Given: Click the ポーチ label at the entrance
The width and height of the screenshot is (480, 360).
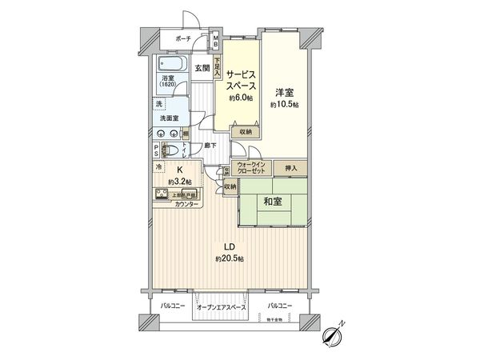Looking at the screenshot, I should point(183,38).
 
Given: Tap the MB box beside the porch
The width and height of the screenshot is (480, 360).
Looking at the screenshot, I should point(215,40).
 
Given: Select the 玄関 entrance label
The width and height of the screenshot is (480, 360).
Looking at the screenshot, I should point(202,69).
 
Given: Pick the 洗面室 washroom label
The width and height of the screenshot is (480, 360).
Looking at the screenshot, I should point(169,118).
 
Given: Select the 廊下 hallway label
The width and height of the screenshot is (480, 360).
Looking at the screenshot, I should point(210,146).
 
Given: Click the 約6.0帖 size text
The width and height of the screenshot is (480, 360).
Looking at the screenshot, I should point(240,98).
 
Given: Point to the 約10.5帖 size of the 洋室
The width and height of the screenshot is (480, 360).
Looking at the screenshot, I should point(284,105).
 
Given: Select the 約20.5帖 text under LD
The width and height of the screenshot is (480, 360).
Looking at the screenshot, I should point(229,259).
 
